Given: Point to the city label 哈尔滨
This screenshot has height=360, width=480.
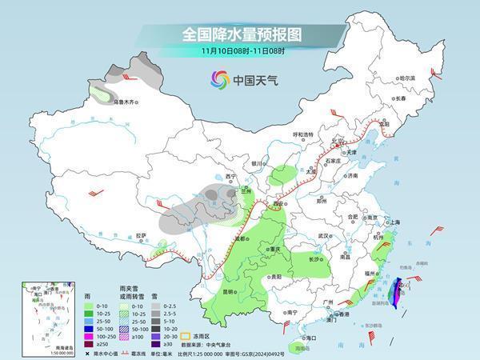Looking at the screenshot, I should click(407, 78).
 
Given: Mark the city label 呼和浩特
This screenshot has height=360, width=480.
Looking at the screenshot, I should click(303, 134).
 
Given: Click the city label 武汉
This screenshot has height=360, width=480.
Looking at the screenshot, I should click(323, 236).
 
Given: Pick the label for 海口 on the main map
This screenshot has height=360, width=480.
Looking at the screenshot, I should click(309, 338).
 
